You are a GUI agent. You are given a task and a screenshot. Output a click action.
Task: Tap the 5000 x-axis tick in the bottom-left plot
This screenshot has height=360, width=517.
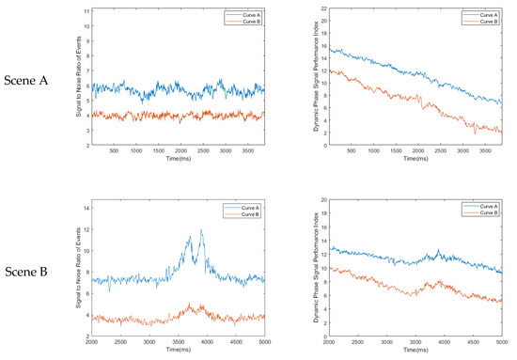265,342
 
